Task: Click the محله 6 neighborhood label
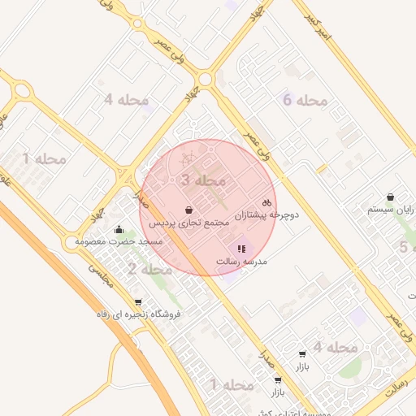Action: (305, 101)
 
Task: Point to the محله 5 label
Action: (403, 247)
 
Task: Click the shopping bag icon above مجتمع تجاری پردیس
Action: (188, 210)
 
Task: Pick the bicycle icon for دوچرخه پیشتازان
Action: (267, 202)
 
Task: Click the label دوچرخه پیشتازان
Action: (267, 215)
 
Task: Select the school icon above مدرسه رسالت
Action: (240, 249)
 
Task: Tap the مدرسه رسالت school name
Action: (241, 262)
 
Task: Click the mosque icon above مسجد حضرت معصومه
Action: (119, 229)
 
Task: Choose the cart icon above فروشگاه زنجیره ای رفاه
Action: (137, 301)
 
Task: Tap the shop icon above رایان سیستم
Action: (391, 197)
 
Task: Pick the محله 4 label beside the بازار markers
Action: (336, 347)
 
